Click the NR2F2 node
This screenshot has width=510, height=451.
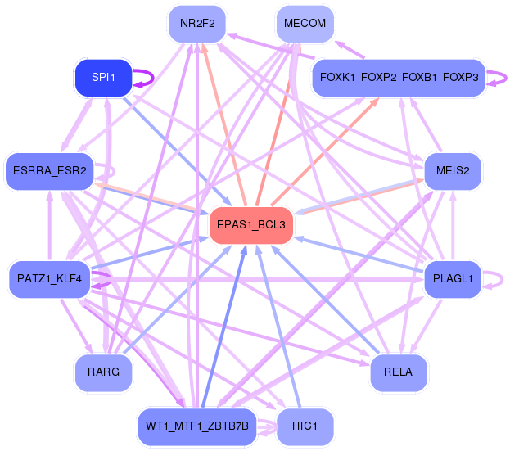197,24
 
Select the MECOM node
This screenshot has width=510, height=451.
305,24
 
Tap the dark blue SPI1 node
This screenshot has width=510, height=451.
102,78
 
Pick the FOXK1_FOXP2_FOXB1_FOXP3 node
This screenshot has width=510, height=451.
399,78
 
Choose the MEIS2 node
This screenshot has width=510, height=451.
454,170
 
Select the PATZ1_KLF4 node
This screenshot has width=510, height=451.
49,279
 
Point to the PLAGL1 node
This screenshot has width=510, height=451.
454,279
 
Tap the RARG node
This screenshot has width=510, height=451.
102,372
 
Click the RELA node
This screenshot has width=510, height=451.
399,372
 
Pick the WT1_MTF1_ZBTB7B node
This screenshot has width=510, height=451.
197,426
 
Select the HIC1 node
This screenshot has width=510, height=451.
305,426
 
